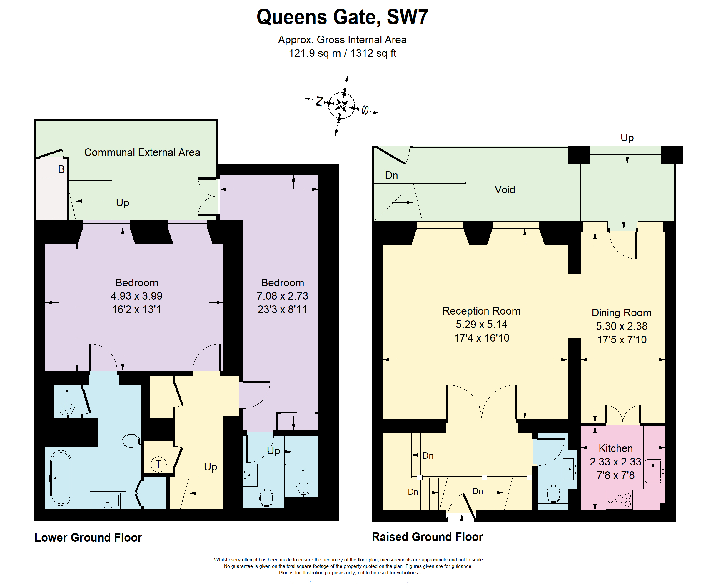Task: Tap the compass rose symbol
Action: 342,105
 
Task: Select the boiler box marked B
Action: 61,169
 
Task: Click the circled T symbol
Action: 158,464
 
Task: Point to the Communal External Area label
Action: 142,152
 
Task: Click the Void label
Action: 505,189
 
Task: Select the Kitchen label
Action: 615,448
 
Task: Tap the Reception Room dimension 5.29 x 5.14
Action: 481,324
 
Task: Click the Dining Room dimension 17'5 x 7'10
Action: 622,340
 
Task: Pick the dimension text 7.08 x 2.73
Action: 282,296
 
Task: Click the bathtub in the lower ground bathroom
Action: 61,478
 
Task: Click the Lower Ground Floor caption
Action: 88,537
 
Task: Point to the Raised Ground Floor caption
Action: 428,537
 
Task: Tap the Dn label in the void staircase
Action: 391,175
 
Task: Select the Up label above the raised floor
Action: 627,138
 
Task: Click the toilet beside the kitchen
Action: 553,494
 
